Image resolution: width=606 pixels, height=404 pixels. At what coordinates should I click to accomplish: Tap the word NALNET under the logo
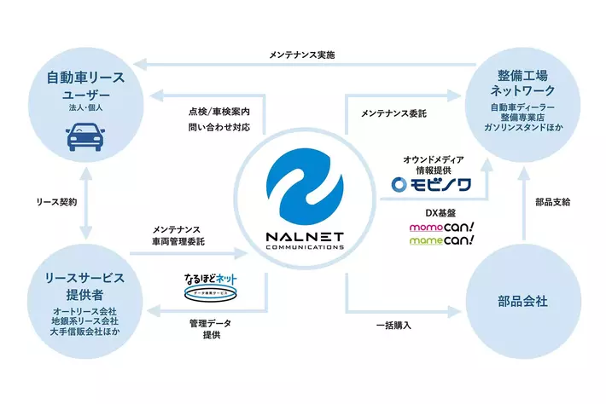[x=305, y=238]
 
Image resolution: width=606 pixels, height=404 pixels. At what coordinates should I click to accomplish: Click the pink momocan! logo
[x=441, y=228]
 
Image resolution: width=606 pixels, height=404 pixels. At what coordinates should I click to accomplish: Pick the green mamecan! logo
[x=441, y=242]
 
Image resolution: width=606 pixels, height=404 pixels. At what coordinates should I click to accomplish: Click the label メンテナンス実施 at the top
[x=303, y=55]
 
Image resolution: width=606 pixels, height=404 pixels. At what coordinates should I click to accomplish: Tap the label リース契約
[x=56, y=203]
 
